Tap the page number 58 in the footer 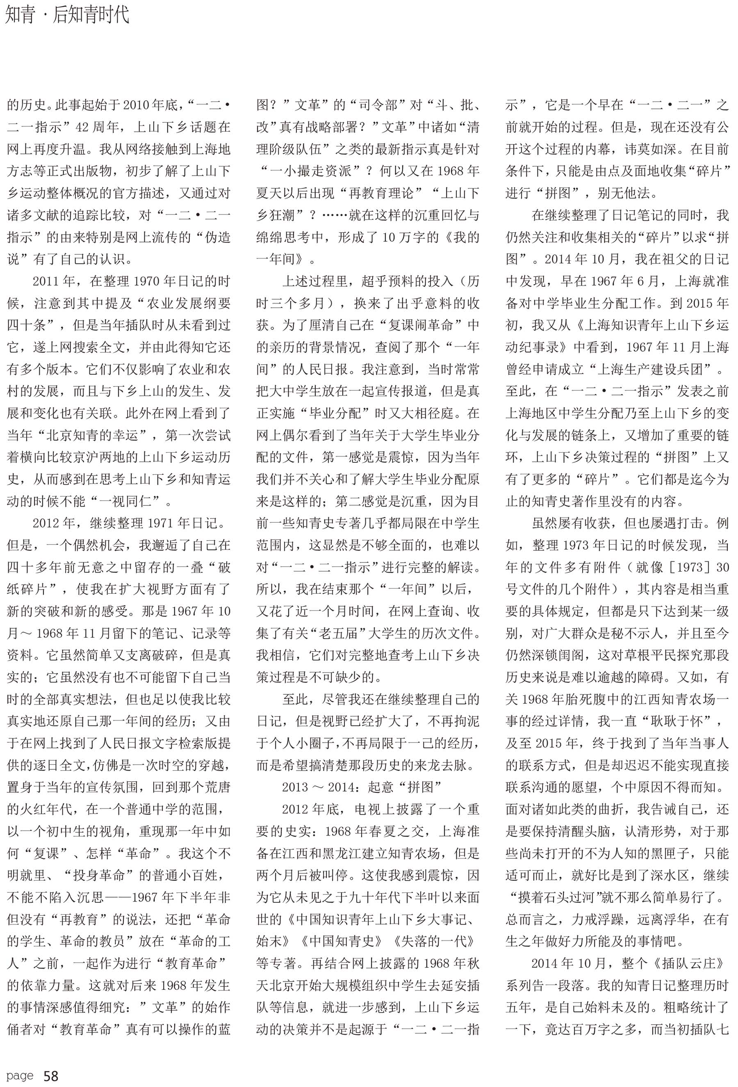click(x=50, y=1076)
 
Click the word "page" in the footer click(x=20, y=1076)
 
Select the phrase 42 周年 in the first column click(x=101, y=127)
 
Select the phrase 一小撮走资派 click(x=312, y=171)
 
